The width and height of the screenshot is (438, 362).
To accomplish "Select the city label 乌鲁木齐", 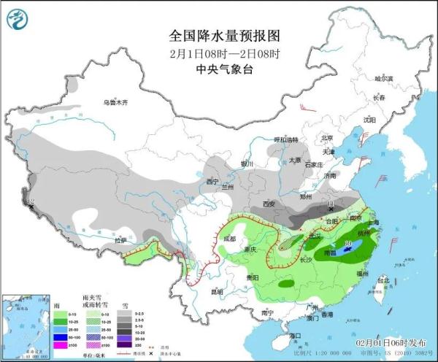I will click(115, 103).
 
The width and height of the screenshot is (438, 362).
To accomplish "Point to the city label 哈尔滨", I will click(383, 78).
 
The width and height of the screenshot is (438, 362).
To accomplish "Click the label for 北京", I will click(328, 137).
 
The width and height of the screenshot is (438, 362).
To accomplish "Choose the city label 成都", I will click(230, 238).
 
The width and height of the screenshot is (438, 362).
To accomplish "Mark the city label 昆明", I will click(215, 291).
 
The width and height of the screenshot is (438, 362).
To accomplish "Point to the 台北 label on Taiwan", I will click(381, 280).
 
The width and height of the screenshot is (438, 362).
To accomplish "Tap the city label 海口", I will click(294, 335).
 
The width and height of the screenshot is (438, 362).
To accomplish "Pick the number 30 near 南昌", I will click(348, 243).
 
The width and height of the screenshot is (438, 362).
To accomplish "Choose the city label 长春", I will click(378, 97).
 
